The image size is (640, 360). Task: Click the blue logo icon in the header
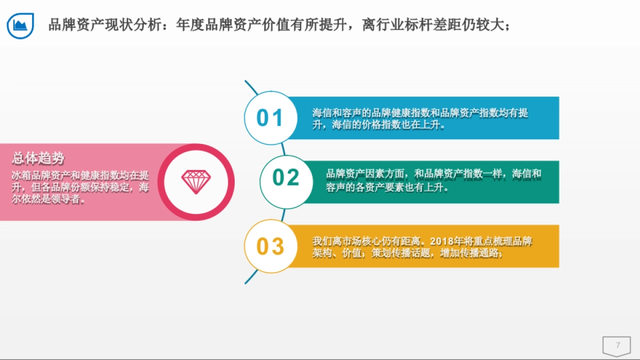[x=21, y=25]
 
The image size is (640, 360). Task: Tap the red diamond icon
[x=196, y=182]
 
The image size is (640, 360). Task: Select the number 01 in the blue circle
[x=270, y=118]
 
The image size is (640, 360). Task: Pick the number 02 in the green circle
[x=286, y=178]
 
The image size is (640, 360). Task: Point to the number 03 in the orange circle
[x=270, y=246]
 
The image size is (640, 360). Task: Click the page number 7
[x=618, y=345]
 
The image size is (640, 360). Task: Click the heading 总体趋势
[x=38, y=158]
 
